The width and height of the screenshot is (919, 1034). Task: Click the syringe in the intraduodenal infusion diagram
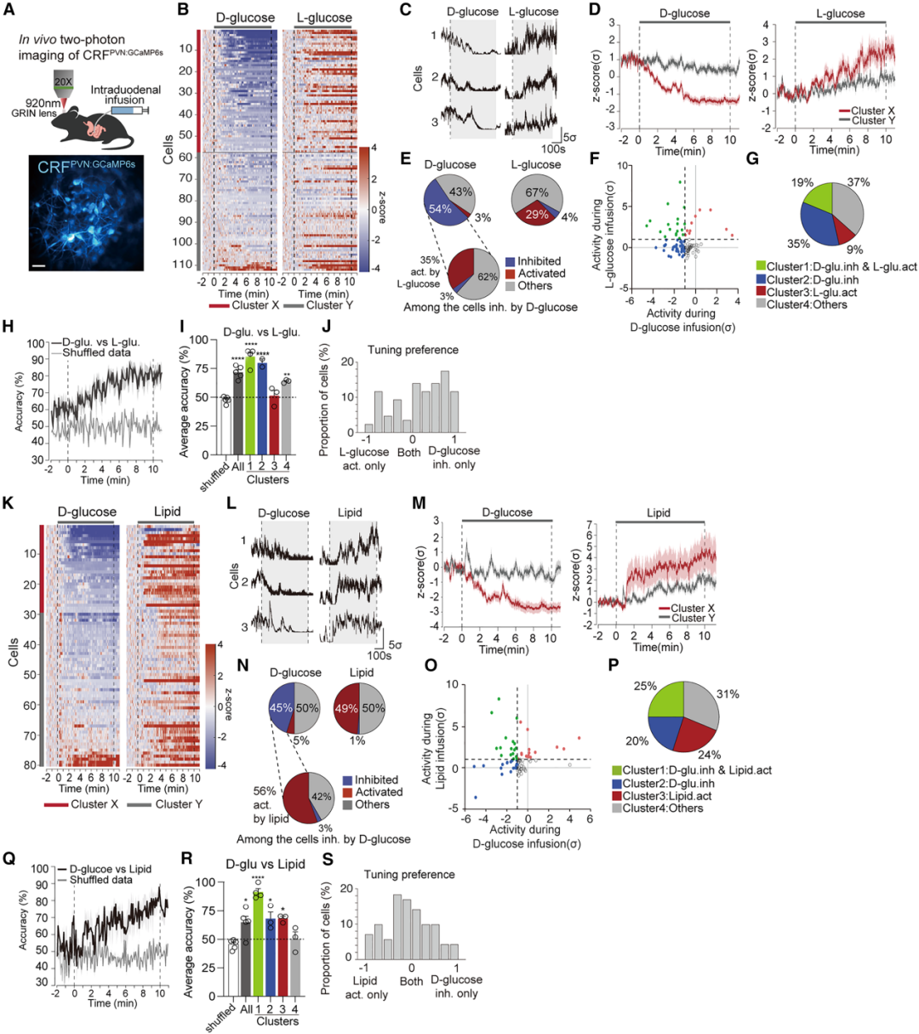point(128,110)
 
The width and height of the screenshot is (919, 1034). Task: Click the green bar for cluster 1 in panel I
point(250,408)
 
